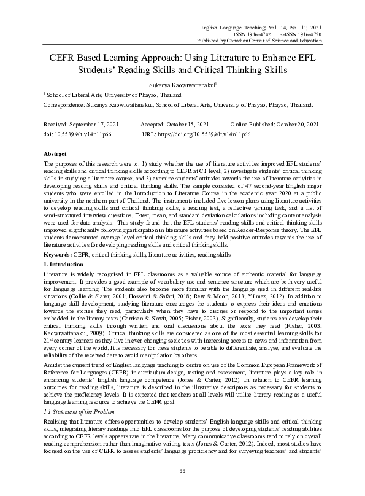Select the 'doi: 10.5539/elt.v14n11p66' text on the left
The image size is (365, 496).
(x=78, y=133)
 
